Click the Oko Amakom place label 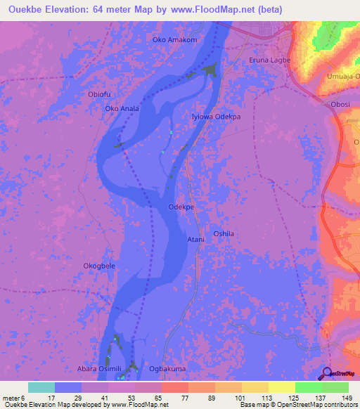pos(174,40)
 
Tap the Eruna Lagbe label pos(270,60)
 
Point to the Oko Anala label pos(122,109)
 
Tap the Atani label pos(195,240)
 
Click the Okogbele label pos(99,266)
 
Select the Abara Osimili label pos(100,368)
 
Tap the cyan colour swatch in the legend pos(41,387)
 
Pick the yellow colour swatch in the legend pos(281,387)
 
